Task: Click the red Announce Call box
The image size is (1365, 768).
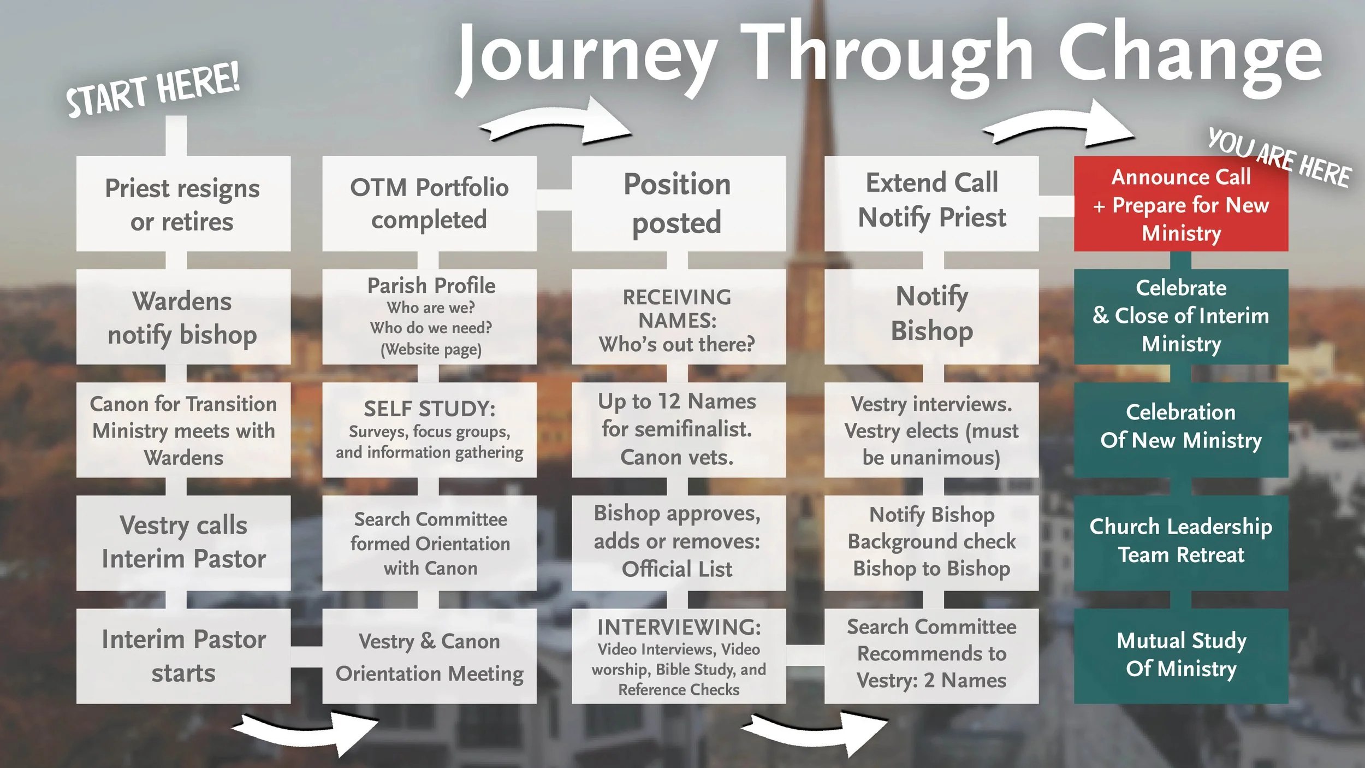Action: pyautogui.click(x=1180, y=204)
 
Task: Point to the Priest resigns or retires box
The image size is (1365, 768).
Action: pyautogui.click(x=183, y=204)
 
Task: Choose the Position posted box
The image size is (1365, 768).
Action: pyautogui.click(x=678, y=204)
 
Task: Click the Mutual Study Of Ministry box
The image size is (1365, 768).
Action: pyautogui.click(x=1180, y=655)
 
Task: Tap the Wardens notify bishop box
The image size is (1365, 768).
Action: pyautogui.click(x=183, y=317)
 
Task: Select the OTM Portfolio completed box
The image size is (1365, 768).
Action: pyautogui.click(x=429, y=204)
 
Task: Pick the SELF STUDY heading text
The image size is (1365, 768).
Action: pyautogui.click(x=429, y=409)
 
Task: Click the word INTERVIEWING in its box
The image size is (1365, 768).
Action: pyautogui.click(x=679, y=627)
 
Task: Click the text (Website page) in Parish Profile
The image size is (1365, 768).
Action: pyautogui.click(x=431, y=349)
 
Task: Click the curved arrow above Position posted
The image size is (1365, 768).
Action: pyautogui.click(x=557, y=123)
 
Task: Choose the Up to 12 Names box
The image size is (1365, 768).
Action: pyautogui.click(x=678, y=429)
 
